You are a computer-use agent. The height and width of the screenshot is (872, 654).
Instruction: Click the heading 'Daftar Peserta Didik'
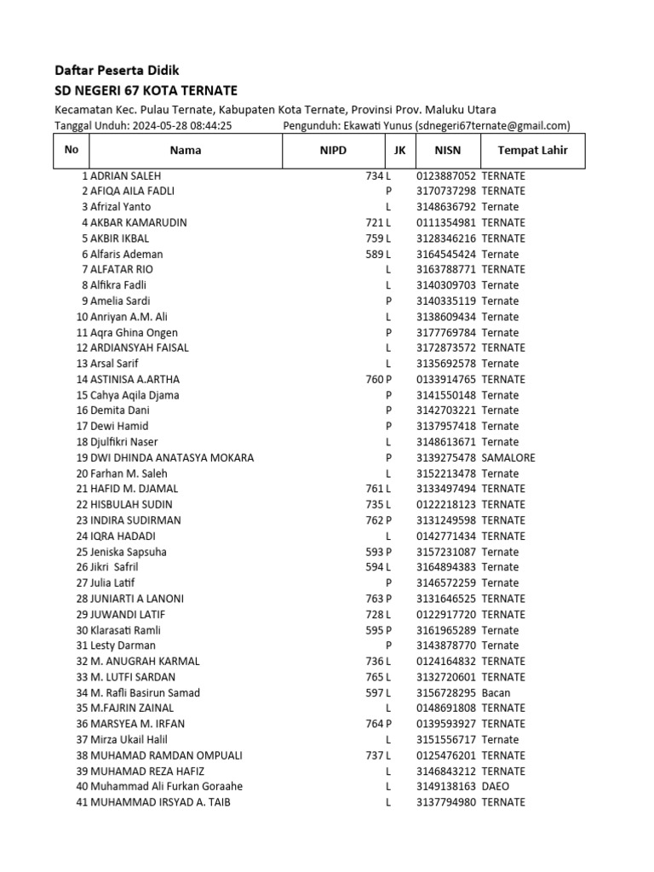117,71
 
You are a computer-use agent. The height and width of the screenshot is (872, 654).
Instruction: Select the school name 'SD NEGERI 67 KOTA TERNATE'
146,91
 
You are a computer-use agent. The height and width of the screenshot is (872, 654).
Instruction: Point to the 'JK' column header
399,151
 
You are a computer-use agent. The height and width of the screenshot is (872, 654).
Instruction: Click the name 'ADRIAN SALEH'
125,175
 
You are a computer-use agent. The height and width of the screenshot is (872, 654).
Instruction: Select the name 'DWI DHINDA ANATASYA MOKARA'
172,457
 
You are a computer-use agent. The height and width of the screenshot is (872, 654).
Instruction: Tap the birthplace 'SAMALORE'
508,457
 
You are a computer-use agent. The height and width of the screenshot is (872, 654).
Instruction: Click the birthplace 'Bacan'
496,692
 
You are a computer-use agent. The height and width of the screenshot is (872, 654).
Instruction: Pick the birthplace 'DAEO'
496,787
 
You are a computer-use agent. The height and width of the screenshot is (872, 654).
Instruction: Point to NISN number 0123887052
446,175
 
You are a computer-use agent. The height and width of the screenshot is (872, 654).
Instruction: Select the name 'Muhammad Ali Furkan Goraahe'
166,787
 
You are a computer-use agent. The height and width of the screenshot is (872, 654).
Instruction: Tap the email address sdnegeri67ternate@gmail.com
493,126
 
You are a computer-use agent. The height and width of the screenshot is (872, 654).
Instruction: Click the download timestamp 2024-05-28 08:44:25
180,126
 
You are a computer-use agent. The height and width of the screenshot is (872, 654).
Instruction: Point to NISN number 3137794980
446,802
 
